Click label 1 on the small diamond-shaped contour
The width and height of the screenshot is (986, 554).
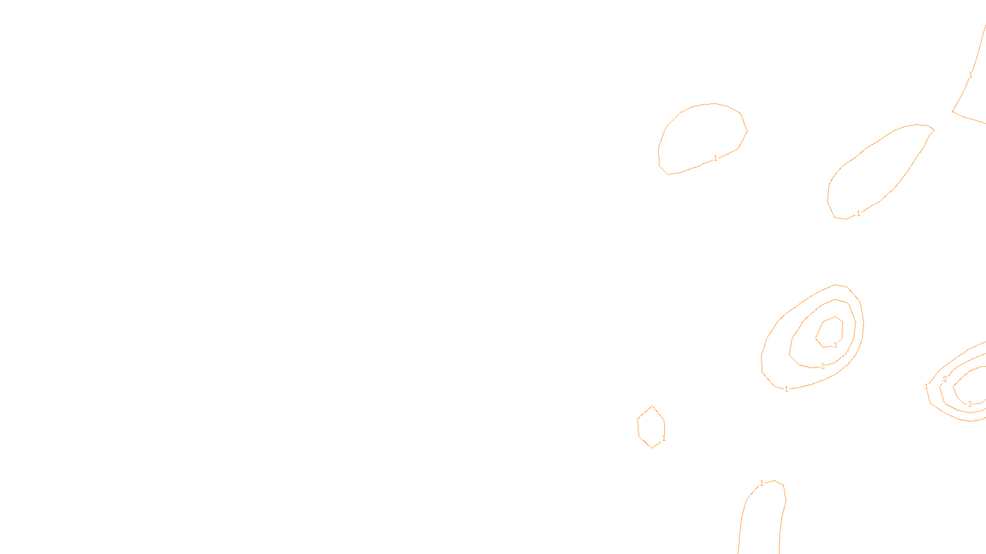pos(664,439)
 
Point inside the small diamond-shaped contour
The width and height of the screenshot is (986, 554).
pos(651,427)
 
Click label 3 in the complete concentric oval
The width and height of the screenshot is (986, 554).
pos(835,345)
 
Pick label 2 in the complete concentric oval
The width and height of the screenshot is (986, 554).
pos(823,366)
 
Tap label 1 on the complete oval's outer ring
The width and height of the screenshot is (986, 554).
pos(786,389)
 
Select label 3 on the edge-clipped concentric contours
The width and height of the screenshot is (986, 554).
pos(969,404)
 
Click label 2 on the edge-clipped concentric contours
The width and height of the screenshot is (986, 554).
pos(945,379)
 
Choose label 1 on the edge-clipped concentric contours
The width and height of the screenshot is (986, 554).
pos(926,387)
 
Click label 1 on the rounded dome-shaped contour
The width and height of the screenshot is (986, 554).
pos(715,158)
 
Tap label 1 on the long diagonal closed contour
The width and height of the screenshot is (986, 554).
pos(858,214)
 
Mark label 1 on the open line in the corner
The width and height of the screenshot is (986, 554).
pos(971,75)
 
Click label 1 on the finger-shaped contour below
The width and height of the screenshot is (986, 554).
pos(762,483)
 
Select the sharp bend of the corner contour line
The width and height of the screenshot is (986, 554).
pos(953,111)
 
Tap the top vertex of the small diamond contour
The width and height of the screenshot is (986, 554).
pos(653,406)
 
